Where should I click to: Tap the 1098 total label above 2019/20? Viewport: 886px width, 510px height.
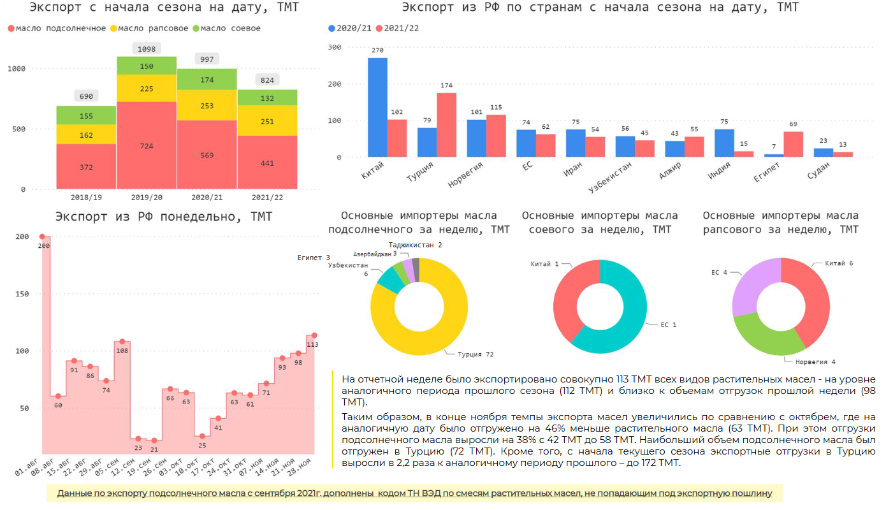(x=147, y=49)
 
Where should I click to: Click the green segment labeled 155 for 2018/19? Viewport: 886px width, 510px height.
(x=86, y=115)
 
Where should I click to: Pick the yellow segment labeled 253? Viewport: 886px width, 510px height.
(x=207, y=105)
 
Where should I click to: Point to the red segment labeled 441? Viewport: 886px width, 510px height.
(x=266, y=163)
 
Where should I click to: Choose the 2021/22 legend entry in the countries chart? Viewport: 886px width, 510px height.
(x=396, y=29)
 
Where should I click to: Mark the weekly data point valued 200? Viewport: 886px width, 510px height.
(x=42, y=237)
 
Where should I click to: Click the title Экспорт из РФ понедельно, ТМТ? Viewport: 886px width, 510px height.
(x=164, y=217)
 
